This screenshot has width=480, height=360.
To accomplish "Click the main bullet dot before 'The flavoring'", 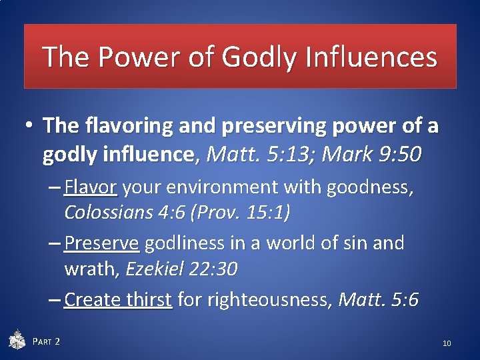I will tap(30, 125).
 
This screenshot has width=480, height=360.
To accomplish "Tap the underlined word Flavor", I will tap(91, 189).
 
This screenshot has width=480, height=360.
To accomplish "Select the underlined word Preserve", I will tap(102, 243).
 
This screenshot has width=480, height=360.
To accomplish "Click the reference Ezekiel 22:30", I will tap(181, 269).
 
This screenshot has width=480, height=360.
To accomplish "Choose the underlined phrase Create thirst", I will tap(119, 300).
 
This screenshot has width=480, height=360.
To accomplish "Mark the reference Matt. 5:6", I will tap(378, 300).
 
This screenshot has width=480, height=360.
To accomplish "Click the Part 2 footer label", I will tap(46, 342).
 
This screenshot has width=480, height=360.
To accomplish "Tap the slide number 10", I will tap(447, 343).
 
